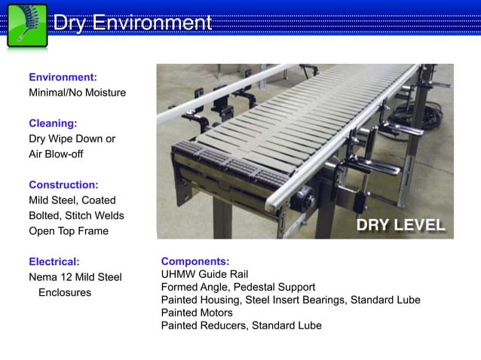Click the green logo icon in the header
[x=27, y=26]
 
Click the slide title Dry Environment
[x=132, y=23]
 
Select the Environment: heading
[x=63, y=78]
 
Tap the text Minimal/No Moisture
[x=77, y=93]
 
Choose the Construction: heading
[x=63, y=185]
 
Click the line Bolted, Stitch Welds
[x=76, y=215]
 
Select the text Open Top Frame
[x=69, y=231]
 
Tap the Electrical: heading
[x=54, y=262]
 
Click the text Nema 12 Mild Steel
[x=75, y=277]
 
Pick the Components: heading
[x=195, y=262]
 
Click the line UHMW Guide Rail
[x=204, y=275]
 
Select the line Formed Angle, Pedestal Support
[x=238, y=288]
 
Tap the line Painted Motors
[x=197, y=313]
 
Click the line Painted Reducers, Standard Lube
[x=241, y=325]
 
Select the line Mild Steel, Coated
[x=72, y=200]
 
